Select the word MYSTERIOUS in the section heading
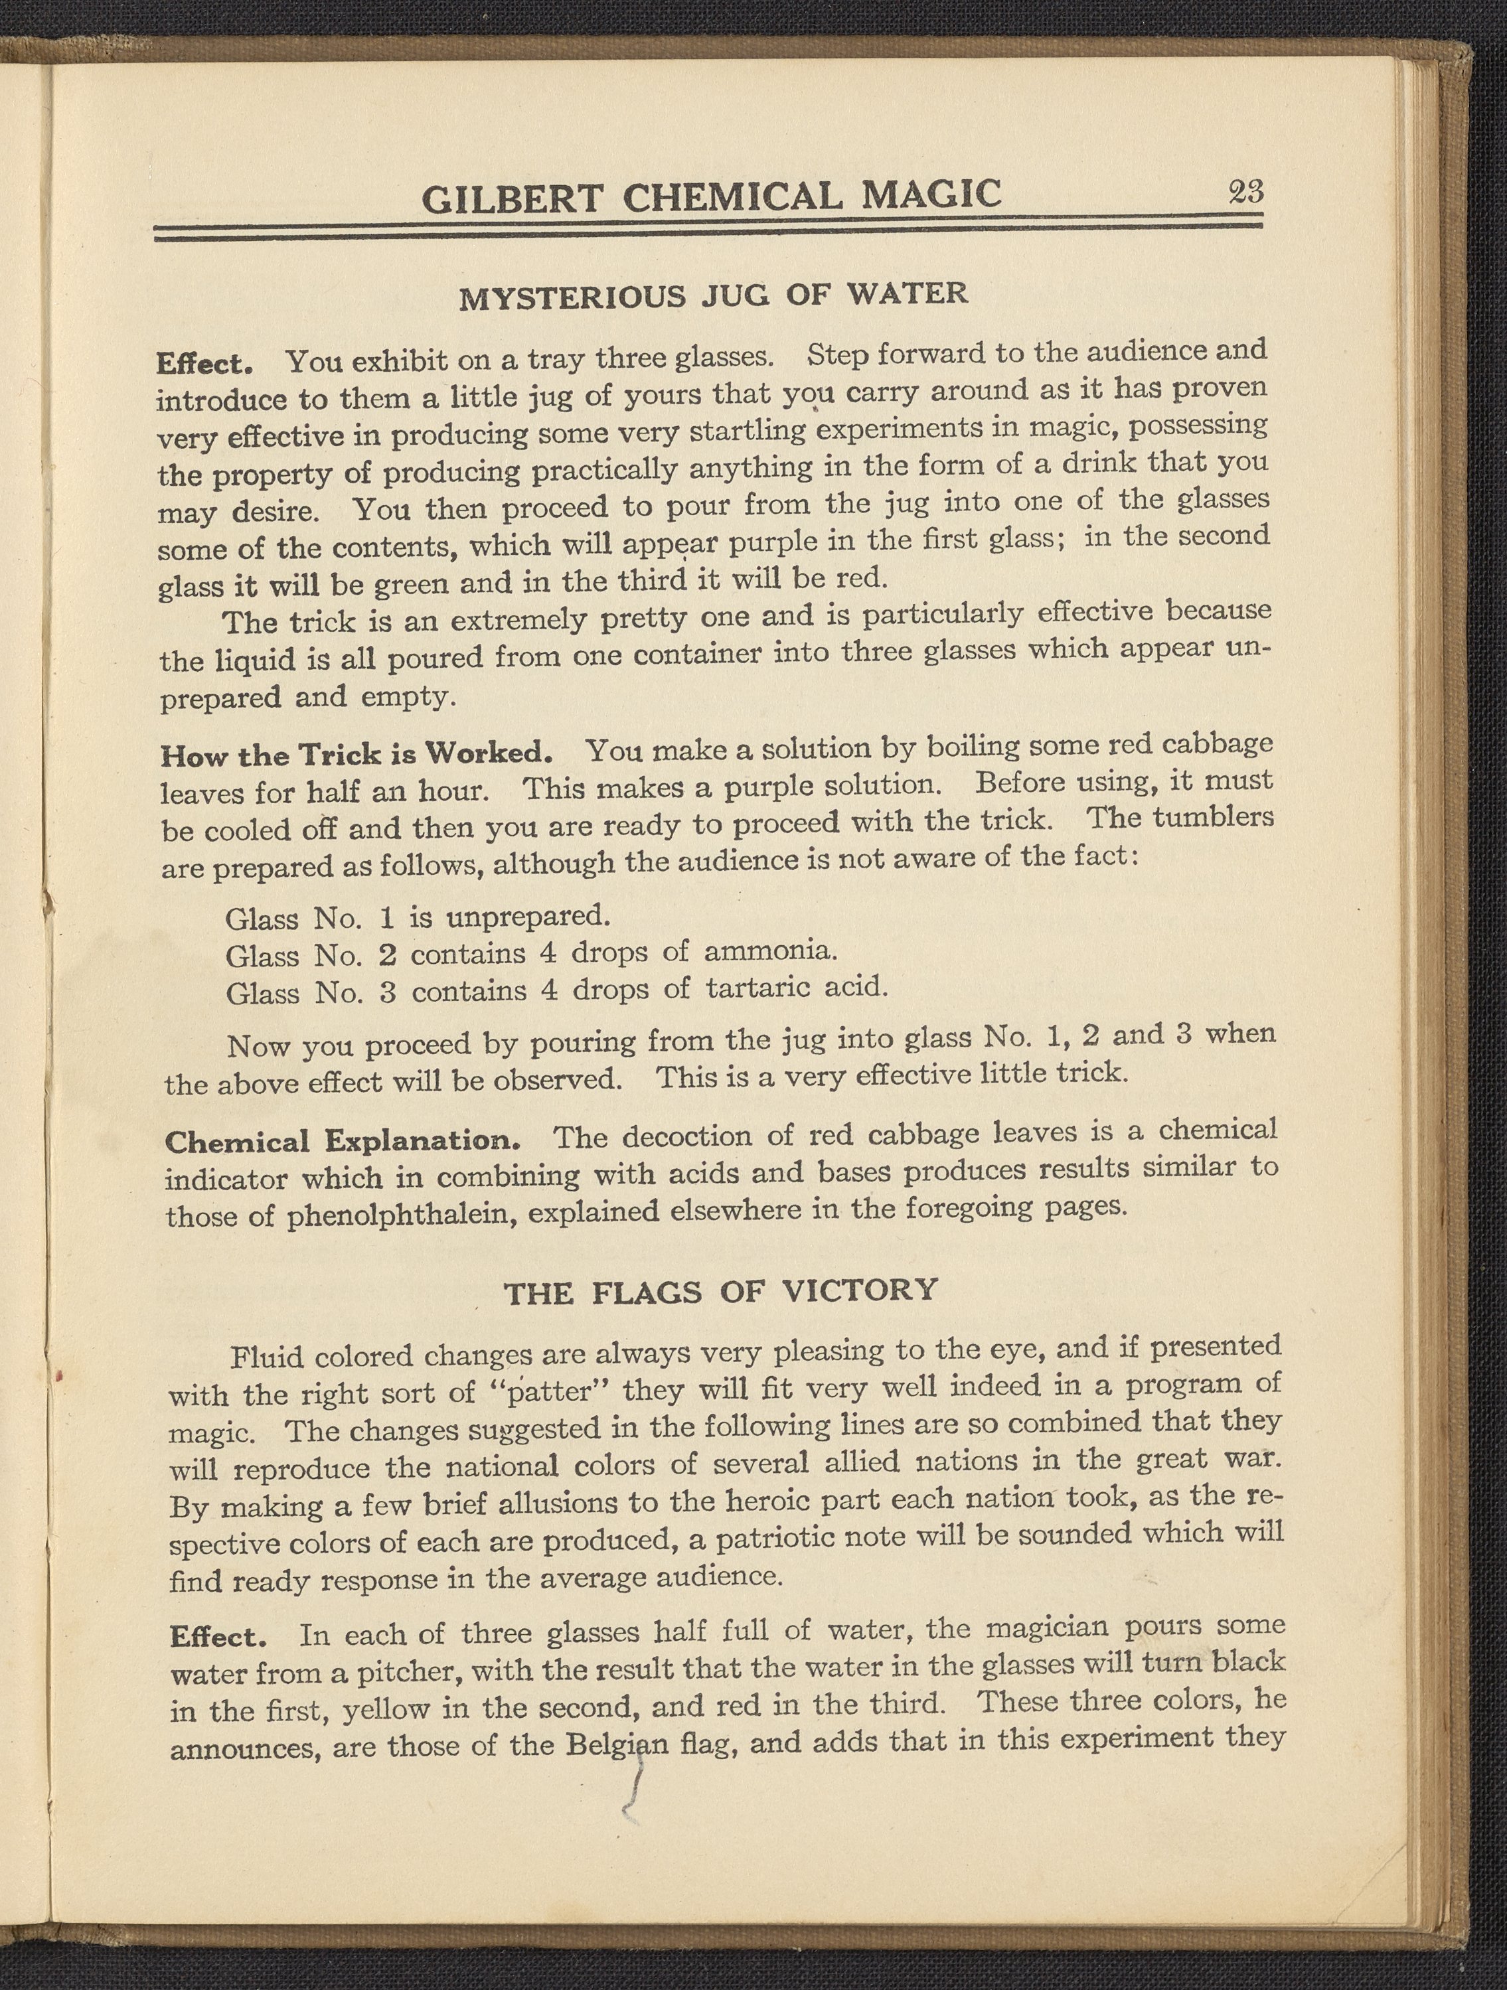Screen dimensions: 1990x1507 point(572,296)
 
